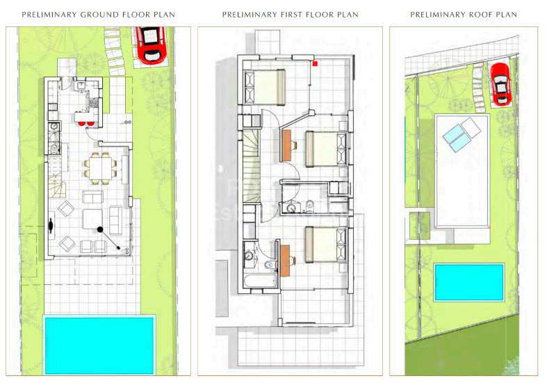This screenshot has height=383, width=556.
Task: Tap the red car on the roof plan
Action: [x=500, y=83]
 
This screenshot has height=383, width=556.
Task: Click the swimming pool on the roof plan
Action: [x=469, y=282]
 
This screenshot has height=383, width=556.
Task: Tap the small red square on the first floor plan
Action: [x=315, y=63]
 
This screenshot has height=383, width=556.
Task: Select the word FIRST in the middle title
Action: [x=295, y=15]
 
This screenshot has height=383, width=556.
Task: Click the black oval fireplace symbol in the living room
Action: [x=51, y=224]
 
